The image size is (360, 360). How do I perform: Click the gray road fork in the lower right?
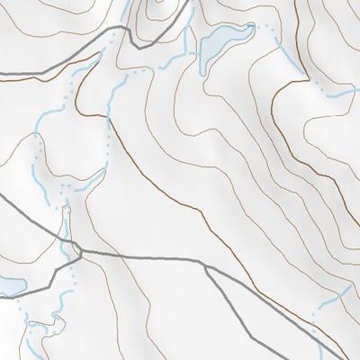[206, 267]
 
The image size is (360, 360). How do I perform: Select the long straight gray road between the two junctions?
[144, 257]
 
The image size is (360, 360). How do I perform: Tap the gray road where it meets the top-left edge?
[3, 71]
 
